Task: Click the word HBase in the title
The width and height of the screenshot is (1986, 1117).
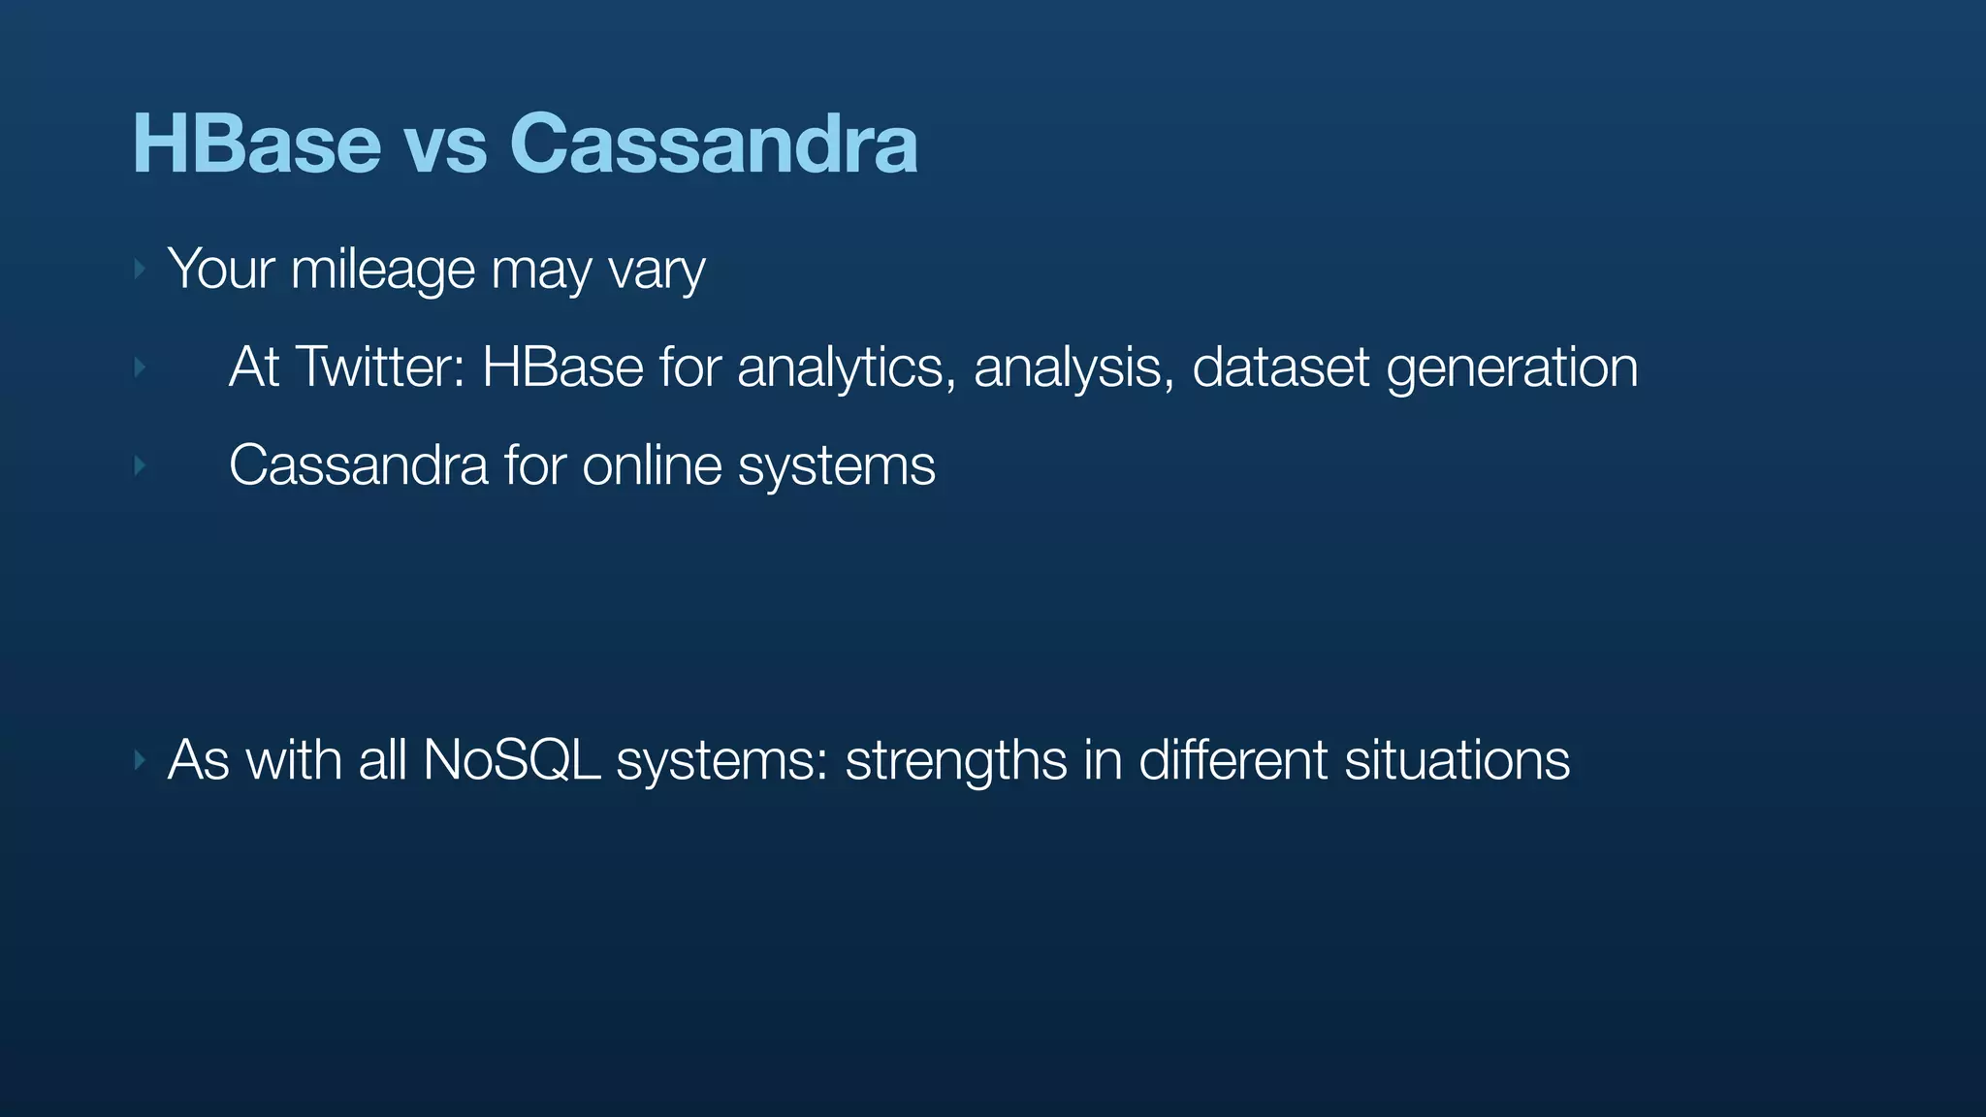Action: pos(257,144)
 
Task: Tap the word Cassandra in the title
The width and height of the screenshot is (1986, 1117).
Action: pos(713,144)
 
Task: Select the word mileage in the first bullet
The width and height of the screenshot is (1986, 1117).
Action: pos(382,270)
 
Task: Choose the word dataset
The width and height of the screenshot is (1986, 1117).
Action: pos(1280,367)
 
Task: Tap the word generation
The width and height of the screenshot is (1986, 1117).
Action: pos(1512,369)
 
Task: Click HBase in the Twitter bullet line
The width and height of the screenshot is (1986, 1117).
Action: pos(562,367)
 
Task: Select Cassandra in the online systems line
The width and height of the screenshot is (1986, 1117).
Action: pos(358,465)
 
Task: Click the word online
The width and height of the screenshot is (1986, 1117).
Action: pos(652,465)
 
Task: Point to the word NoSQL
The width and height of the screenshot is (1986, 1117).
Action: pos(511,759)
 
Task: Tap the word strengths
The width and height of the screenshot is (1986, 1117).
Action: pos(956,761)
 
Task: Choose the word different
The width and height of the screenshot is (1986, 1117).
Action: pos(1233,759)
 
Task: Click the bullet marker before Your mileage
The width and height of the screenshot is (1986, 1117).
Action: pos(140,270)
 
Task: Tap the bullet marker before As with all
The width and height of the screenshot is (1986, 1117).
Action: pos(140,760)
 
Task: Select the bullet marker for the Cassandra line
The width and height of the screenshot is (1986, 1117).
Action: pos(140,466)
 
